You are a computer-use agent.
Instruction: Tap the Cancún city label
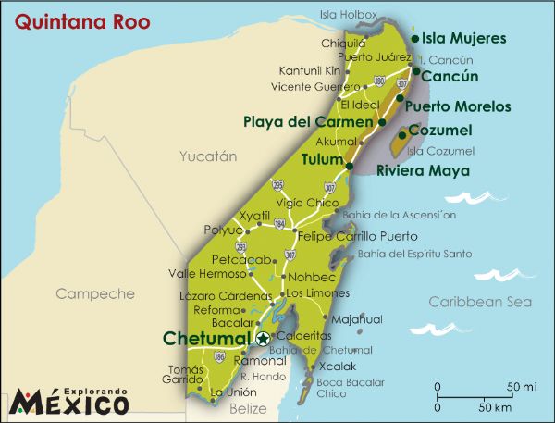(x=450, y=77)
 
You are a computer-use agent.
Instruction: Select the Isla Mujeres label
(x=463, y=38)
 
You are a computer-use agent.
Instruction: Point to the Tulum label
(x=322, y=159)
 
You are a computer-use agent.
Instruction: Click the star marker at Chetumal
(x=264, y=339)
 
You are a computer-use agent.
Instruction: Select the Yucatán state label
(x=208, y=156)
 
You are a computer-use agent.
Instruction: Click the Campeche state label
(x=95, y=294)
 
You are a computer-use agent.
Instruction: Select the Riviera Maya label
(x=422, y=171)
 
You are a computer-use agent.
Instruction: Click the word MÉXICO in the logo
(x=69, y=404)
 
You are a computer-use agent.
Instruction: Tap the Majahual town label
(x=356, y=319)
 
